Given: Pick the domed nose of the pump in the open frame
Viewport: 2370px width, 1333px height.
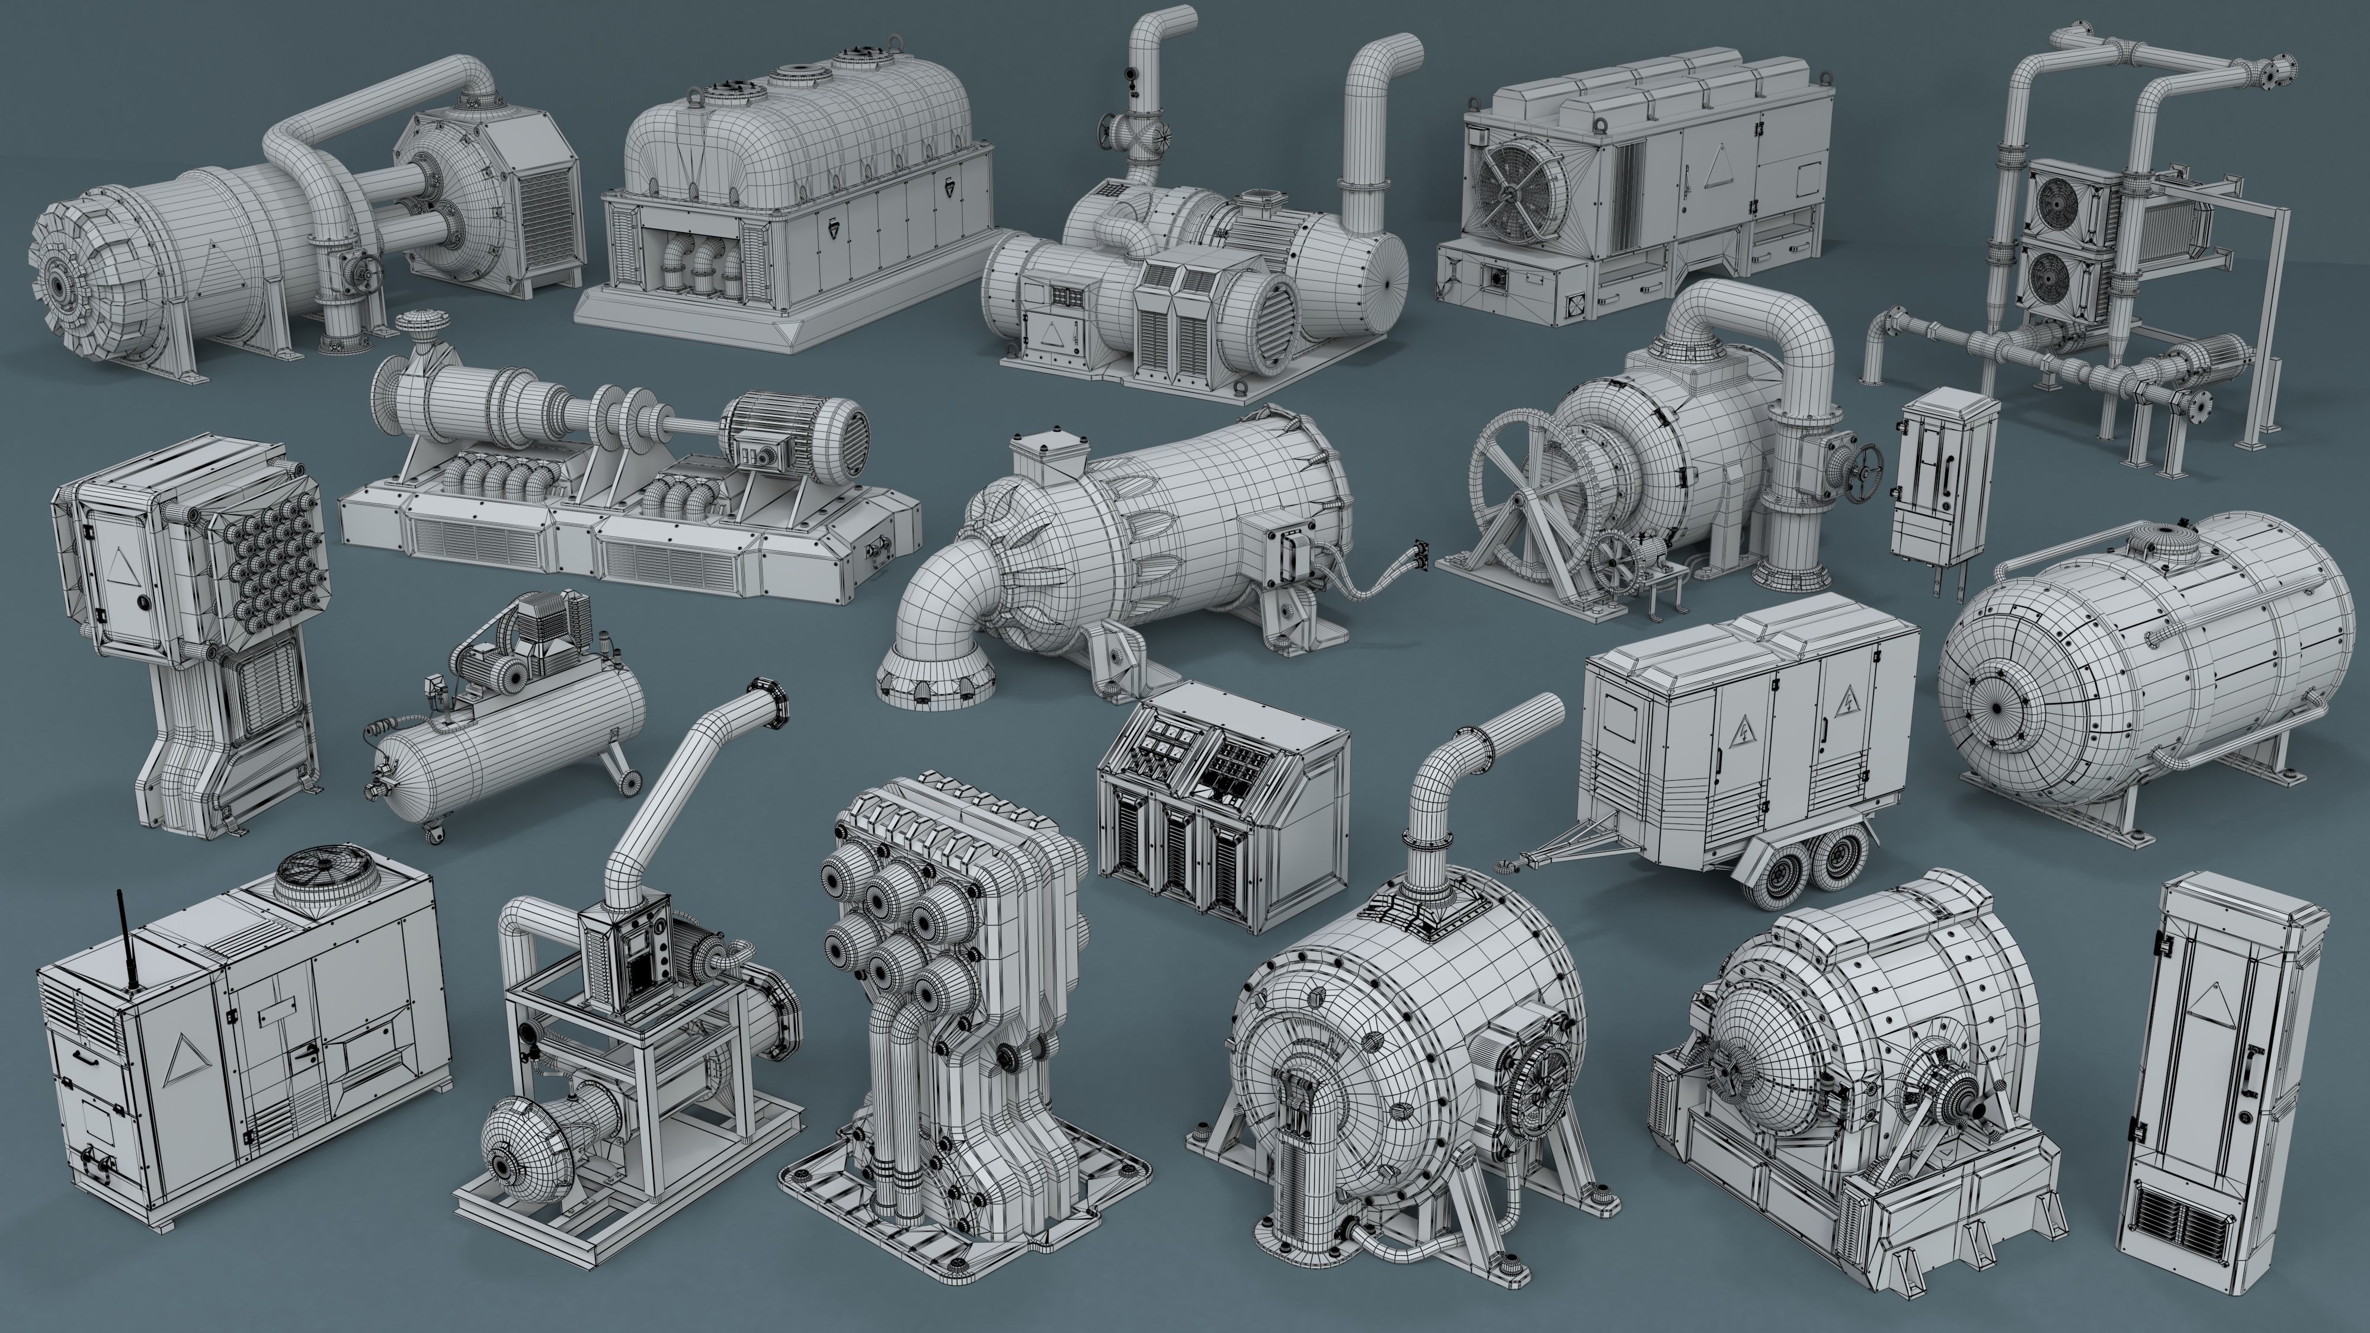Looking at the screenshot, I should pyautogui.click(x=504, y=1142).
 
